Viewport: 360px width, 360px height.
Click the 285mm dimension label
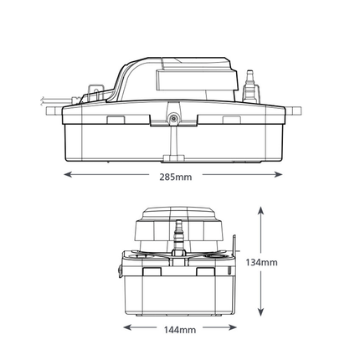176,177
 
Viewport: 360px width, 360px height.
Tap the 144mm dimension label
180,330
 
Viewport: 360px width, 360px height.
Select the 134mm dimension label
261,262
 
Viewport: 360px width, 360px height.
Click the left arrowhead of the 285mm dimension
69,175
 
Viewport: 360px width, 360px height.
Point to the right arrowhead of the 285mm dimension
278,175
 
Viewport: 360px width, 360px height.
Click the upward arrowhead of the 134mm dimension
260,211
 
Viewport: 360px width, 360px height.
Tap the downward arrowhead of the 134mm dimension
260,311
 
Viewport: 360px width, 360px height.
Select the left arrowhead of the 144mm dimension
128,327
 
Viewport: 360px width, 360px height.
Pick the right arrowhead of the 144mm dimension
232,327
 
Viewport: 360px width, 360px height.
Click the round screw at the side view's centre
174,119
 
